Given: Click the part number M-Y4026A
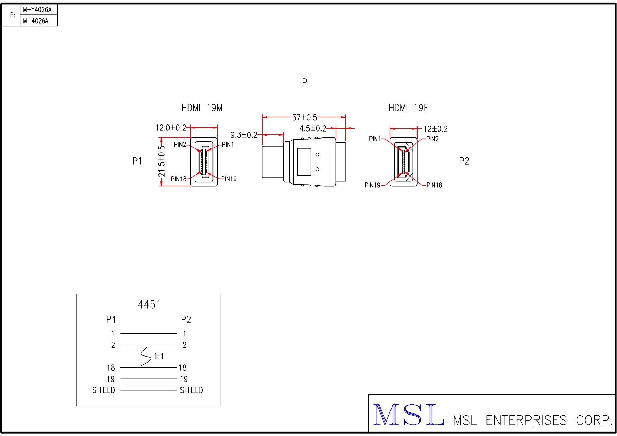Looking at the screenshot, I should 37,10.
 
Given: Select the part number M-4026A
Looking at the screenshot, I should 36,21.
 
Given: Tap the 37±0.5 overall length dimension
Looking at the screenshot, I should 304,117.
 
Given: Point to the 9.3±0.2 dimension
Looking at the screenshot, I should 244,135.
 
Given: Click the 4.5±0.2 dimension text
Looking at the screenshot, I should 313,129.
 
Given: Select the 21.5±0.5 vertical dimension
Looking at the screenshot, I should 161,161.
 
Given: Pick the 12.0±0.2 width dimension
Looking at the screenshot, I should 171,128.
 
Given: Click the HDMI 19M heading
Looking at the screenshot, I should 202,108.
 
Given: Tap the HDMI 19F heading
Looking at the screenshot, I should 408,108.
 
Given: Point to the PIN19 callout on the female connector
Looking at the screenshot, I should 373,185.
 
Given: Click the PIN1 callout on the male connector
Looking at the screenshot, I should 228,145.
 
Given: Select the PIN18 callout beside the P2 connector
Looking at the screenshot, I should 434,185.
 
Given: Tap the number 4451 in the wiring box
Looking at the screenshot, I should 149,304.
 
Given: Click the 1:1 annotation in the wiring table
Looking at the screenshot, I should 159,357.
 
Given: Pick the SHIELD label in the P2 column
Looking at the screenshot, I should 191,390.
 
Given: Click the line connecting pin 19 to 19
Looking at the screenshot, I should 149,379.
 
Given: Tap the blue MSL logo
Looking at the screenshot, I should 408,415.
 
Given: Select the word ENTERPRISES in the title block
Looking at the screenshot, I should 526,420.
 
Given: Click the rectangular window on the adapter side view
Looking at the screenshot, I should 304,162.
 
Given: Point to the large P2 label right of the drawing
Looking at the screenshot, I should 464,161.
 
